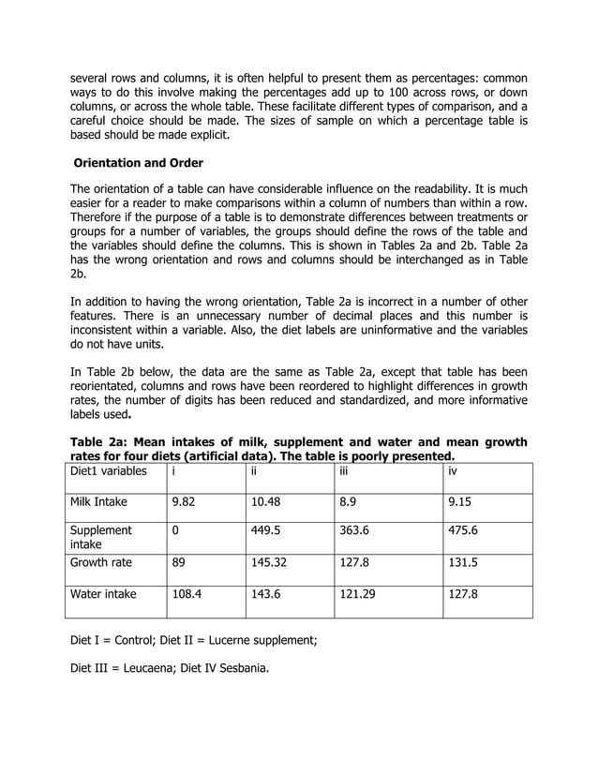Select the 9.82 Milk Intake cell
pyautogui.click(x=184, y=502)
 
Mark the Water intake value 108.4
pyautogui.click(x=187, y=594)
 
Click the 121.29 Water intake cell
pyautogui.click(x=361, y=594)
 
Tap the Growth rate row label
pyautogui.click(x=101, y=564)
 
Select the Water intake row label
pyautogui.click(x=103, y=594)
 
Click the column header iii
pyautogui.click(x=346, y=471)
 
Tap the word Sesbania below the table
pyautogui.click(x=233, y=670)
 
